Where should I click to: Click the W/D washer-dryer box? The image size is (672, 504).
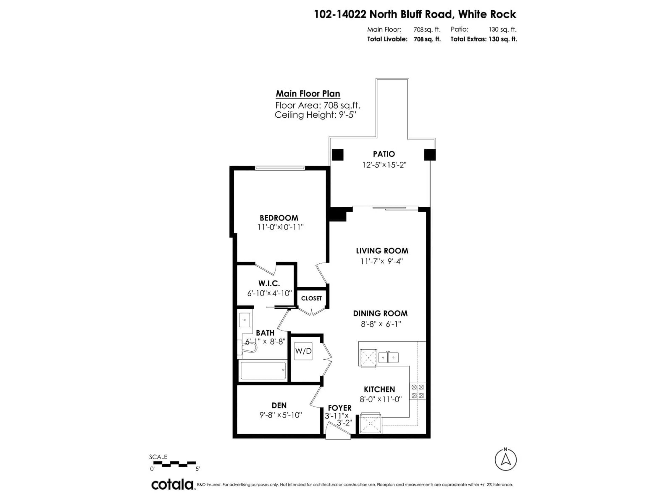[303, 351]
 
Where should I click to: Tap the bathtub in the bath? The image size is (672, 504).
[263, 370]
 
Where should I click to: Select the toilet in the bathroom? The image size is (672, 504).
[248, 349]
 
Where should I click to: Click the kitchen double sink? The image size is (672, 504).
[388, 358]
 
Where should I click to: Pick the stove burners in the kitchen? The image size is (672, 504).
[417, 391]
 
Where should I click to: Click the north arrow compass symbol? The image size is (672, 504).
[506, 460]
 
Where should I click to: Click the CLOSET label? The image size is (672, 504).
[311, 298]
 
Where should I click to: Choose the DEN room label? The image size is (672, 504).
[279, 405]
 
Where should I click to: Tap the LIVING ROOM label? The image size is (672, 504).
[382, 251]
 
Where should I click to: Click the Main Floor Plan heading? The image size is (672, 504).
[308, 94]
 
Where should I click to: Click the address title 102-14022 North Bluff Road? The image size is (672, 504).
[415, 14]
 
